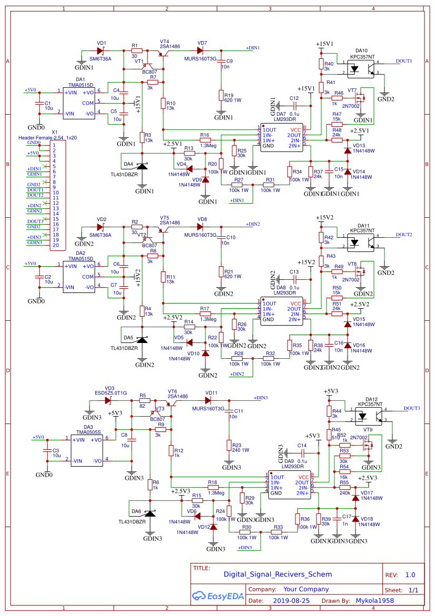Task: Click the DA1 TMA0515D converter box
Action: [79, 103]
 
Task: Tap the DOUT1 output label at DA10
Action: [404, 61]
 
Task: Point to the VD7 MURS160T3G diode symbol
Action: [200, 51]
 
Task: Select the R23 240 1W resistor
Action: [229, 446]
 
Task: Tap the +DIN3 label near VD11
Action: [260, 398]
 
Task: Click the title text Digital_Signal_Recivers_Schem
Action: [278, 575]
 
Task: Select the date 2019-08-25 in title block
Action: [291, 600]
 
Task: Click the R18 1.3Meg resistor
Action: [213, 488]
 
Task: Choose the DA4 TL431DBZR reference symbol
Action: [142, 167]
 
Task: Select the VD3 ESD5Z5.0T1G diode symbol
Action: [108, 400]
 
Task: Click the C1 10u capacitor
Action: [38, 104]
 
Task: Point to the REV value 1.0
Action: [410, 575]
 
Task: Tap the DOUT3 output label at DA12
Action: [412, 408]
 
